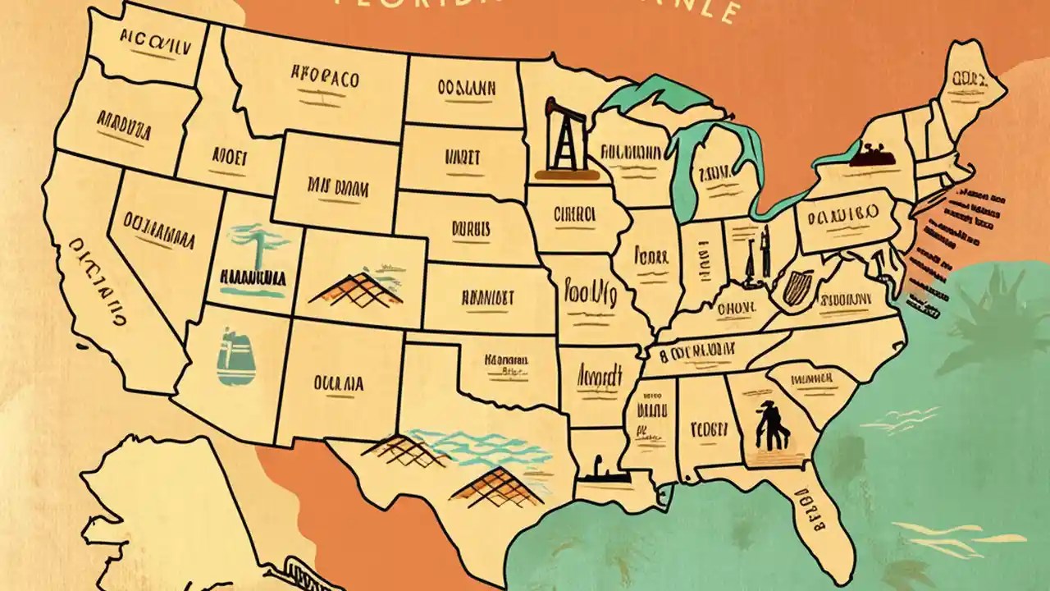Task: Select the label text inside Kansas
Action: point(487,297)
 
